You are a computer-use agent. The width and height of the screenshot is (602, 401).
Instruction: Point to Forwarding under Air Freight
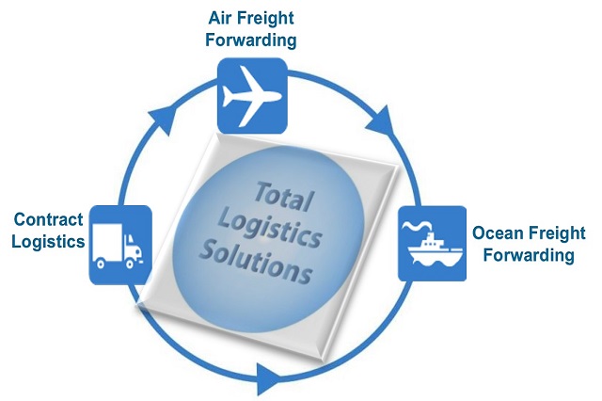click(x=251, y=40)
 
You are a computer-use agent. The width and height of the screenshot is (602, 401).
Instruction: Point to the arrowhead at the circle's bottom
click(x=269, y=380)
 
